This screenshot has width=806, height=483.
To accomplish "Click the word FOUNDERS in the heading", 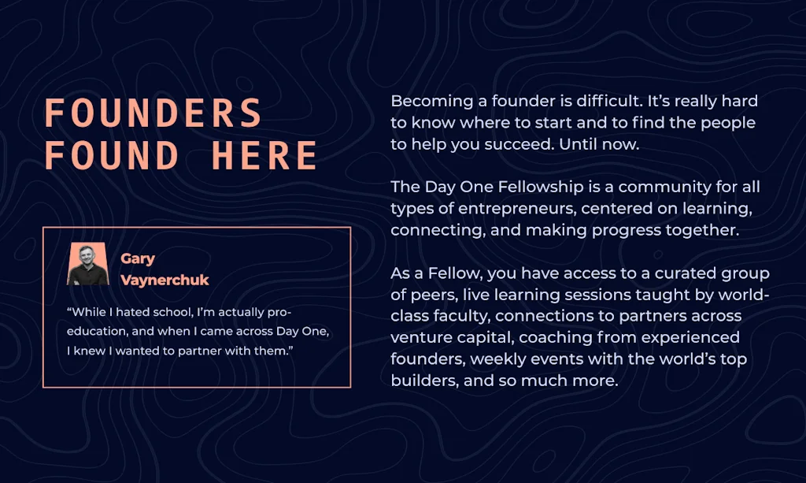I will click(x=153, y=113).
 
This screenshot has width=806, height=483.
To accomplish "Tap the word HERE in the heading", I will click(x=265, y=155).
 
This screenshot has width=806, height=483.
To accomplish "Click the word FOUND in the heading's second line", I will click(x=112, y=155).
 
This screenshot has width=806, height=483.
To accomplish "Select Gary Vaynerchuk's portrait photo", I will click(x=88, y=264).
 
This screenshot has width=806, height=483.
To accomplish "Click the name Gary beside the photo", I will click(x=138, y=258).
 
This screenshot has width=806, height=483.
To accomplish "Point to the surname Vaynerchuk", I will click(x=165, y=281).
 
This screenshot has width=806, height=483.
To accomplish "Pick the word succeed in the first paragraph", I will click(x=517, y=145).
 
